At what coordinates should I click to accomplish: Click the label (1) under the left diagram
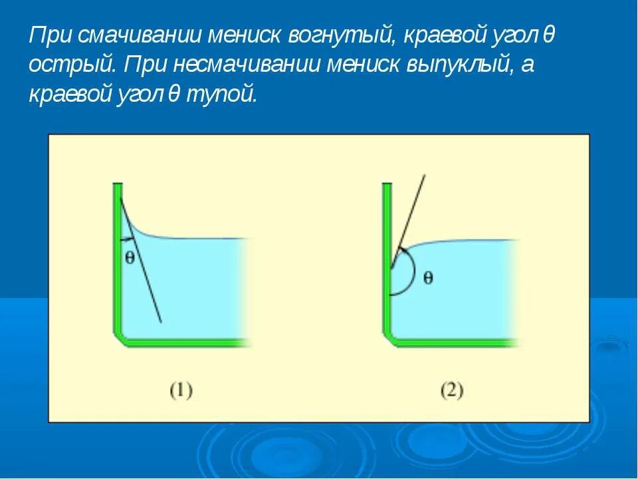(181, 390)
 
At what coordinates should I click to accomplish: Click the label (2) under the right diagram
(451, 390)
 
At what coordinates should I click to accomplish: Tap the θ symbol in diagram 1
(130, 258)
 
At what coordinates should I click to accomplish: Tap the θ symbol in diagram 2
(428, 277)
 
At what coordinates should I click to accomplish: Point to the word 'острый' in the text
(72, 65)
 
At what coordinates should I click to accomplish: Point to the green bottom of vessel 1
(186, 343)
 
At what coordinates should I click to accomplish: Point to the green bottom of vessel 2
(452, 343)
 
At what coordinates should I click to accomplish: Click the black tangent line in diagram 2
(412, 206)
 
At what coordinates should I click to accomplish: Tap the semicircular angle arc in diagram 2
(414, 273)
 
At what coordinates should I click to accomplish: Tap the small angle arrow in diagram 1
(126, 238)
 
